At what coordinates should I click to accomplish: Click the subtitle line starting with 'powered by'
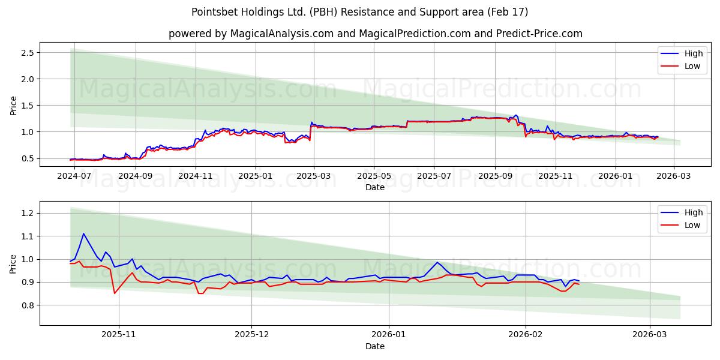point(375,34)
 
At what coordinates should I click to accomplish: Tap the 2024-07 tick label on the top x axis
point(74,176)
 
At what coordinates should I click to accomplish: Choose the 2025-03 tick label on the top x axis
point(314,176)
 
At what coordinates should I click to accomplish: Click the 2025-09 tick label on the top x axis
point(495,176)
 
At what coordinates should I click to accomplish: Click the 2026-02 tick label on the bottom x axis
point(526,335)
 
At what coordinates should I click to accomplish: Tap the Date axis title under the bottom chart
point(375,346)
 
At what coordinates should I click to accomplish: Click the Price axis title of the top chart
point(13,106)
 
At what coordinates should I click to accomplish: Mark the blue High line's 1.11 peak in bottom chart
point(83,233)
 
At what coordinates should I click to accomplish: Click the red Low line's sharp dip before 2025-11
point(115,293)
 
